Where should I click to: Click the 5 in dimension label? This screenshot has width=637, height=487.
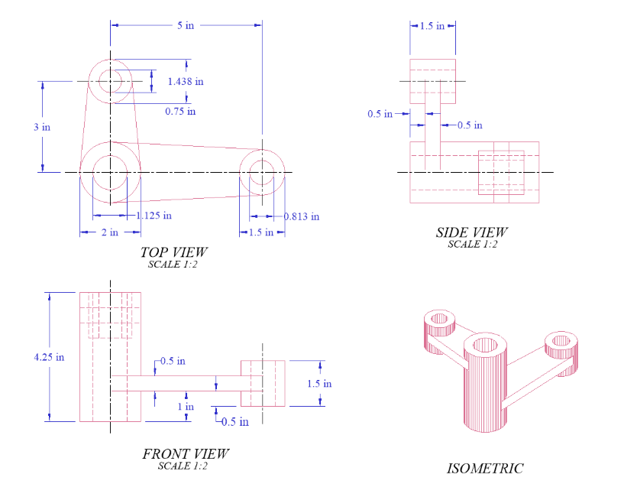pos(186,25)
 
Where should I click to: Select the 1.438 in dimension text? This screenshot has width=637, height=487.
pos(186,81)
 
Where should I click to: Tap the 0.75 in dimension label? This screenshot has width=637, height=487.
pos(180,111)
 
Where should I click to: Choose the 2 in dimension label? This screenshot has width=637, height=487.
pos(110,232)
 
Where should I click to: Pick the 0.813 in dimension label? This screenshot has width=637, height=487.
pos(301,216)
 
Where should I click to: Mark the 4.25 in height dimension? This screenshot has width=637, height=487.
pos(49,356)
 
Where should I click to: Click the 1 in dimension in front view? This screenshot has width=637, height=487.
pos(186,407)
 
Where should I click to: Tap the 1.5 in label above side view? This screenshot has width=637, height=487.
pos(432,25)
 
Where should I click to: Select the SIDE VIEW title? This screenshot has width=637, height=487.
pos(471,232)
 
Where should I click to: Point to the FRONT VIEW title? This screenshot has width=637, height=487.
pos(185,453)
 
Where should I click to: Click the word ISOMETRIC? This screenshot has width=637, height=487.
pos(485,468)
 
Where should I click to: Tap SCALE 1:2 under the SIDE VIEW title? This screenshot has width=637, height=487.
pos(472,245)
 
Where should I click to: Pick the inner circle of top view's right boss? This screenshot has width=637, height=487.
pos(262,172)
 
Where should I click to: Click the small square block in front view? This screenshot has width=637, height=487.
pos(263,383)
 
